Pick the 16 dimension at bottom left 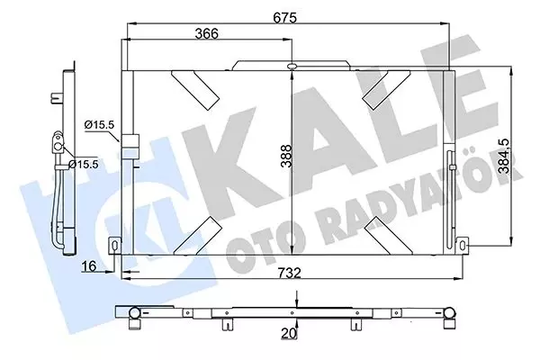(88, 267)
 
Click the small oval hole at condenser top (292, 67)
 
